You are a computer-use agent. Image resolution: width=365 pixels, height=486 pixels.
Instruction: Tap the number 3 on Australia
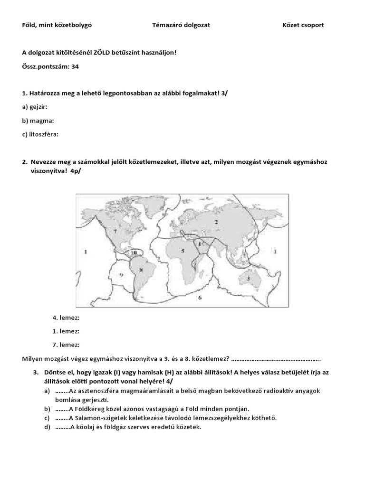pyautogui.click(x=248, y=278)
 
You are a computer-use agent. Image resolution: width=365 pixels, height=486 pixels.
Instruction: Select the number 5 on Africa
pyautogui.click(x=182, y=250)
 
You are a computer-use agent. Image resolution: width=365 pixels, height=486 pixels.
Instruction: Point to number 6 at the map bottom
pyautogui.click(x=200, y=298)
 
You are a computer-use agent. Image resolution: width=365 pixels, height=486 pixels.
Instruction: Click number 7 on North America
pyautogui.click(x=115, y=231)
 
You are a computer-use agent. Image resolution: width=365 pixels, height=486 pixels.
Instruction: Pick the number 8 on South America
pyautogui.click(x=140, y=270)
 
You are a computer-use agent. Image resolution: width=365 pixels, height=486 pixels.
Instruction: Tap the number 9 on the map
pyautogui.click(x=121, y=275)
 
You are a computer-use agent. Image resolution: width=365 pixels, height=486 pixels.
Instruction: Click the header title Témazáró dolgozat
pyautogui.click(x=181, y=25)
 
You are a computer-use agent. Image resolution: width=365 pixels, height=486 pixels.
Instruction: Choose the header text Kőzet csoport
pyautogui.click(x=303, y=25)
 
